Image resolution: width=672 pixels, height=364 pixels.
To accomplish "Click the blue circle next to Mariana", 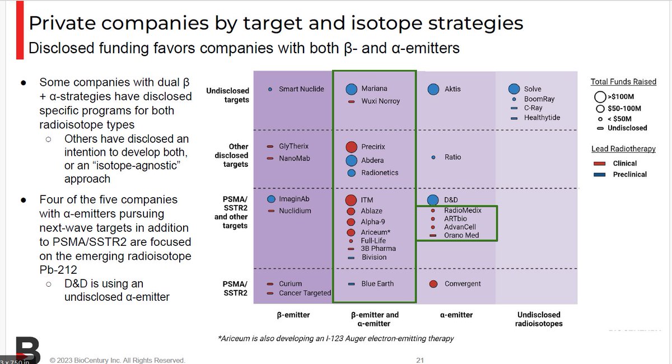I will coord(351,88).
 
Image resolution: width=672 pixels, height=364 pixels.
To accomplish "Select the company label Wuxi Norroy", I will coord(381,101).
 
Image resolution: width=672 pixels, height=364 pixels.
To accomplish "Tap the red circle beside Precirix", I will coord(351,147).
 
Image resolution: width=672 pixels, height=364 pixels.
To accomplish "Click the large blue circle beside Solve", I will coord(514,89).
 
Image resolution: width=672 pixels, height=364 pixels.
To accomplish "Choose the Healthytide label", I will coord(542,118).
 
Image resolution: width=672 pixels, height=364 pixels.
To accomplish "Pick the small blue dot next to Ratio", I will coord(433,157).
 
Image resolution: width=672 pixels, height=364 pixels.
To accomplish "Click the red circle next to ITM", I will coord(351,200).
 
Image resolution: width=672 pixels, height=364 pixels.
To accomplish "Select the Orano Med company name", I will coord(461,235).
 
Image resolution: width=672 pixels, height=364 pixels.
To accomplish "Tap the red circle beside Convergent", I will coord(433,284).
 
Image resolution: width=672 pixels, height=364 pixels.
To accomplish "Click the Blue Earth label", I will coord(377,284).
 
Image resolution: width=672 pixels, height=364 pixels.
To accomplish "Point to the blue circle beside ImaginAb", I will coord(271,199).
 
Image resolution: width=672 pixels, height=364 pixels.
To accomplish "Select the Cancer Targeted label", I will coord(305,293).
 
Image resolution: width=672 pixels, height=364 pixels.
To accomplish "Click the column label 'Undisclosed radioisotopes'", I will coord(539,319).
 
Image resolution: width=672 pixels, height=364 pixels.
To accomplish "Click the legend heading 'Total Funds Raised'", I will coord(623,82).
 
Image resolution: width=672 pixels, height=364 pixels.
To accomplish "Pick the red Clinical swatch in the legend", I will coord(600,164).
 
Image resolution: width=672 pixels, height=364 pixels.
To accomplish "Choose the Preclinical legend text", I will coord(629,174).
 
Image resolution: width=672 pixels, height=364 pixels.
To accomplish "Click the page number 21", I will coord(420,360).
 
